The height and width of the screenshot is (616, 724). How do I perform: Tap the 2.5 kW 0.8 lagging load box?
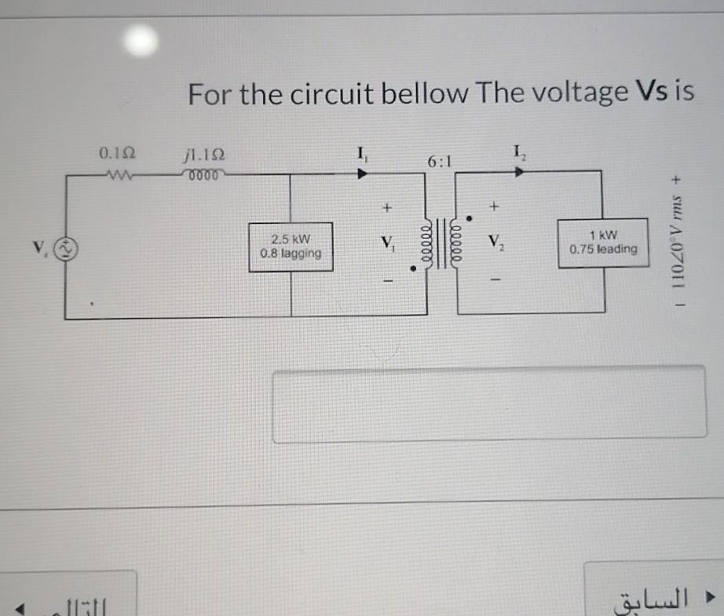point(291,247)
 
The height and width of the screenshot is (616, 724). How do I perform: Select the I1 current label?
point(361,153)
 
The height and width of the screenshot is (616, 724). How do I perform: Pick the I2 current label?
point(519,152)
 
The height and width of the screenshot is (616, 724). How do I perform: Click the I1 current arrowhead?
point(362,173)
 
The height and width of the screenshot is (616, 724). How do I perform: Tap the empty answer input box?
point(488,404)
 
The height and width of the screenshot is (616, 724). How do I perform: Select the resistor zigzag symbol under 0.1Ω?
point(112,173)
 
